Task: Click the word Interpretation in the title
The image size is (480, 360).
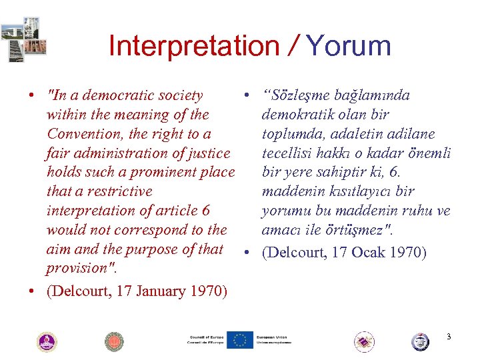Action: (x=194, y=47)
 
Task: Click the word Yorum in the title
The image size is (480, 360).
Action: (x=347, y=47)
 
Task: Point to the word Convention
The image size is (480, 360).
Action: (x=86, y=134)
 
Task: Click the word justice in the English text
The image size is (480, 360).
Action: (x=209, y=153)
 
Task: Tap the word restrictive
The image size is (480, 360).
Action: (x=119, y=191)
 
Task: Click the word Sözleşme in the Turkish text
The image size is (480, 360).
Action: (x=300, y=95)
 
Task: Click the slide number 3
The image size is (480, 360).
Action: (x=449, y=337)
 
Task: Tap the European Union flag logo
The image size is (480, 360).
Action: (x=240, y=340)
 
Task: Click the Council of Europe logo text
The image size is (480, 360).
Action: (x=205, y=340)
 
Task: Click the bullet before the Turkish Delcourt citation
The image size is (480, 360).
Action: (x=247, y=252)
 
